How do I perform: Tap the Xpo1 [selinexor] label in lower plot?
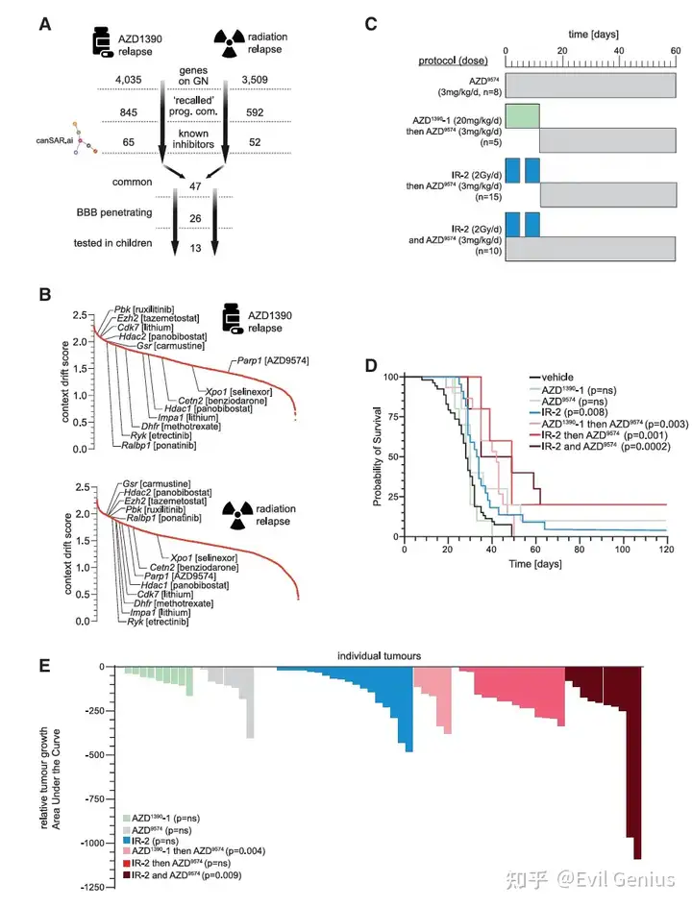[201, 558]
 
